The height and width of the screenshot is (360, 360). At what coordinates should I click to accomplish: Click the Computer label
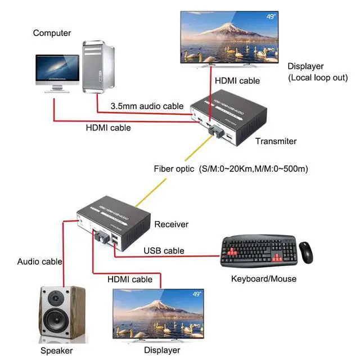point(52,33)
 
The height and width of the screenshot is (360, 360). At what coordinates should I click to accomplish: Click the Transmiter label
point(276,141)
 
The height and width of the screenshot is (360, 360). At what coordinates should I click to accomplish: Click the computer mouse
point(306,252)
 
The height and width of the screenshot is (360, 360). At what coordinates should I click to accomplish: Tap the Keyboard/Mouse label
point(264,278)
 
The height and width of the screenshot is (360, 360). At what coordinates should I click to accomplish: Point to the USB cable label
point(164,251)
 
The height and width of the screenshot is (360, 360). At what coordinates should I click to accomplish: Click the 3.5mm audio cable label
point(147,106)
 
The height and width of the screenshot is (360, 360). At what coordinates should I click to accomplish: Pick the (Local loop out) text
point(318,77)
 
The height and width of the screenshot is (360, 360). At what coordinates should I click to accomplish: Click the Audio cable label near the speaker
point(39,261)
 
